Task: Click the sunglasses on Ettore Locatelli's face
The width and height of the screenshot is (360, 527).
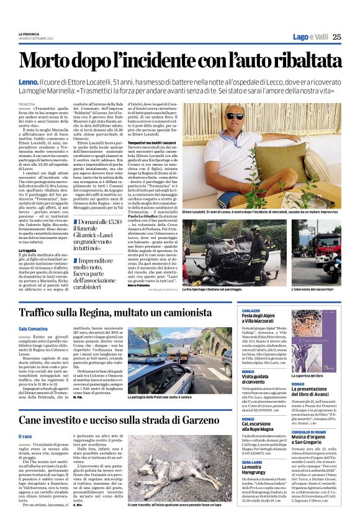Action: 253,116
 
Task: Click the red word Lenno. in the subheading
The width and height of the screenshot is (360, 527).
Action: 29,81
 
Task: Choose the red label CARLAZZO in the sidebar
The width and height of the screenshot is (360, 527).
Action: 251,310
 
